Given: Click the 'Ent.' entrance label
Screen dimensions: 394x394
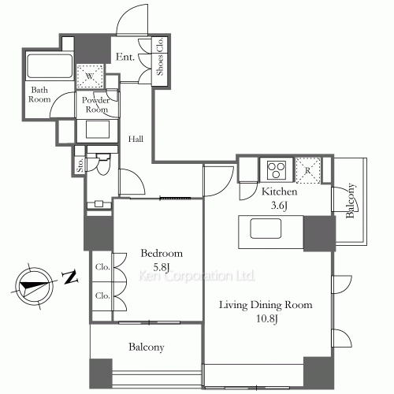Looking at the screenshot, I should (x=125, y=57).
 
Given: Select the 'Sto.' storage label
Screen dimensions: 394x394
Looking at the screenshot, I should (x=80, y=165).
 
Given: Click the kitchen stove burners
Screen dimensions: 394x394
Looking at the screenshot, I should (x=277, y=169).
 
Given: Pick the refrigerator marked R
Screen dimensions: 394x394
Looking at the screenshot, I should (x=308, y=169).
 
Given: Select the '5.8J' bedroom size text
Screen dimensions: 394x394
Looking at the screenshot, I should (x=161, y=268).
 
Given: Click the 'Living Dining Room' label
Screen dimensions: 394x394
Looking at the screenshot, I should (x=265, y=305).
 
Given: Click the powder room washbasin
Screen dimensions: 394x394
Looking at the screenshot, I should (x=97, y=128).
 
